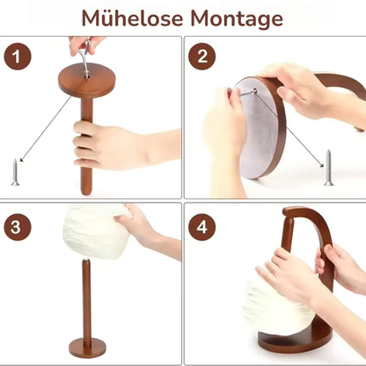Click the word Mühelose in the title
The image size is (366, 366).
132,18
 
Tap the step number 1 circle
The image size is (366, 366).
18,56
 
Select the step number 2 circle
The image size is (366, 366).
202,56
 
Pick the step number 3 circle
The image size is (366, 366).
18,227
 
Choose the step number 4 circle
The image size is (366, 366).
202,227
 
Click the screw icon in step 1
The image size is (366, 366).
15,172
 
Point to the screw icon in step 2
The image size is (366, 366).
329,167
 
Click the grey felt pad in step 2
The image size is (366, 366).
257,126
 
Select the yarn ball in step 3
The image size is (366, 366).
97,231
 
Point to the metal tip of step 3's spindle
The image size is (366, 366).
86,260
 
